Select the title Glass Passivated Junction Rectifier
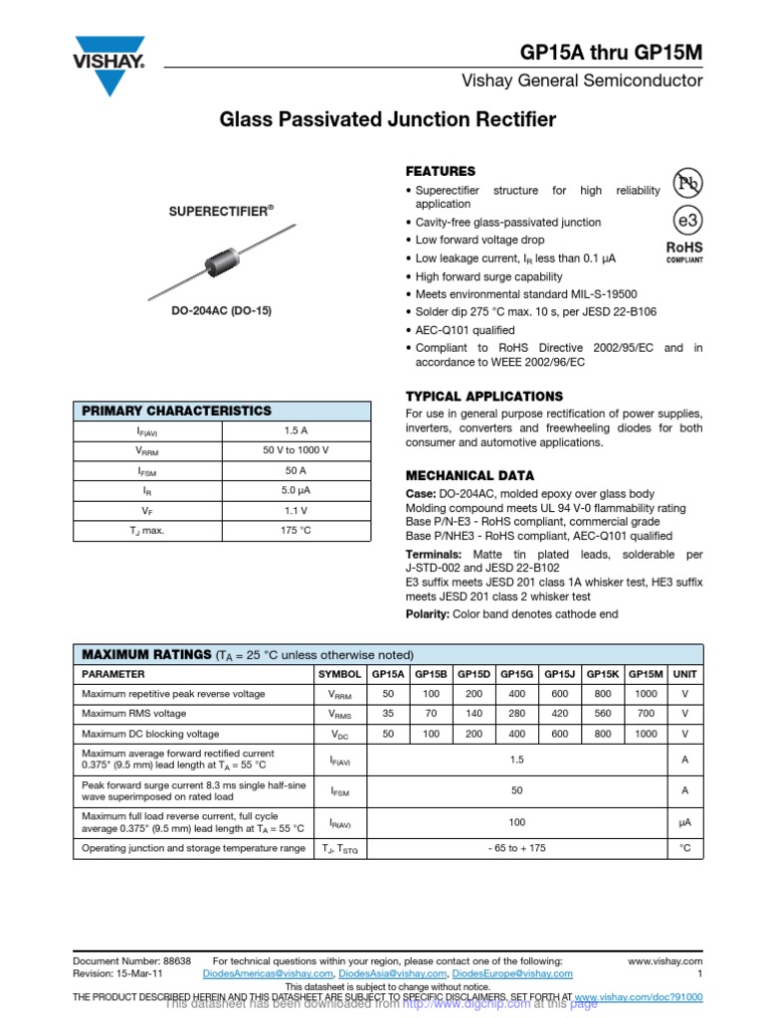pos(388,120)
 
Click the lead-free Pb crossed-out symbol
pos(685,182)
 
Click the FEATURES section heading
pos(441,171)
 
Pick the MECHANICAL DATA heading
pos(470,475)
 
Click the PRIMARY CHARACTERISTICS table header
pos(175,411)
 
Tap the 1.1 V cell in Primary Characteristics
pos(295,510)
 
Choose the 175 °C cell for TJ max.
pos(295,530)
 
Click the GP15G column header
pos(516,674)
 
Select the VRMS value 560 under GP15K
pos(602,713)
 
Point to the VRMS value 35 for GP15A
pos(388,713)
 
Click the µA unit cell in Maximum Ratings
pos(684,822)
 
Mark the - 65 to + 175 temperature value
pos(516,848)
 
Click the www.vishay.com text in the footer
pos(666,961)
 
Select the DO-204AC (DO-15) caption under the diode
pos(220,311)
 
